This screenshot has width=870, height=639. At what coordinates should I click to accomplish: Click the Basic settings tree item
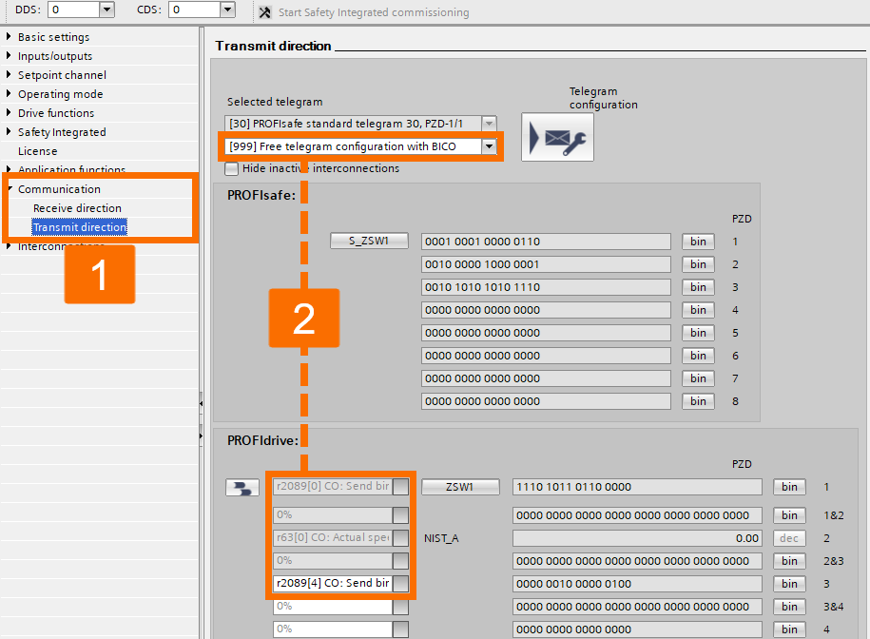[53, 37]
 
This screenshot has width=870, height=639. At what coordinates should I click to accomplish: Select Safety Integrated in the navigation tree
[62, 132]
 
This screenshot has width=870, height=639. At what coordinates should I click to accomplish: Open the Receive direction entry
[77, 208]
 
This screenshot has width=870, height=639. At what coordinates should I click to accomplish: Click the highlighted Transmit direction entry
[80, 227]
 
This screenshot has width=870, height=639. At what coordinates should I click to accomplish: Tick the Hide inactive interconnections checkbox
[232, 168]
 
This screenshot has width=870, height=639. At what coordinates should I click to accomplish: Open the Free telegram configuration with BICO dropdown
[489, 146]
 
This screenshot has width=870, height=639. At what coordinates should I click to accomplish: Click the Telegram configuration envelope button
[557, 138]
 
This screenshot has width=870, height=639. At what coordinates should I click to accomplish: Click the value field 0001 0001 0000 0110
[546, 242]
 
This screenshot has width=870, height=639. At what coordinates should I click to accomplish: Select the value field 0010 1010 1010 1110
[546, 287]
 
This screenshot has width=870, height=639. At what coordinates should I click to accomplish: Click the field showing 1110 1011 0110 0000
[637, 487]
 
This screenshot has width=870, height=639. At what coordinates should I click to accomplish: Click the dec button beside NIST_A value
[789, 538]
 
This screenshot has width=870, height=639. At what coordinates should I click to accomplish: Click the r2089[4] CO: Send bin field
[332, 584]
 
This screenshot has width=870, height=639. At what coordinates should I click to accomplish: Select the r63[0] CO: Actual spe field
[332, 538]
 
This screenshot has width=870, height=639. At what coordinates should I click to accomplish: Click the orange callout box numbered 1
[100, 275]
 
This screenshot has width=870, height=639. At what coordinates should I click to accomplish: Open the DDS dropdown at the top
[106, 10]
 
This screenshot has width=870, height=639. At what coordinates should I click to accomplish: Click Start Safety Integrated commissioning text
[373, 12]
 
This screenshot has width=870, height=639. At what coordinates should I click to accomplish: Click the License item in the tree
[38, 151]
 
